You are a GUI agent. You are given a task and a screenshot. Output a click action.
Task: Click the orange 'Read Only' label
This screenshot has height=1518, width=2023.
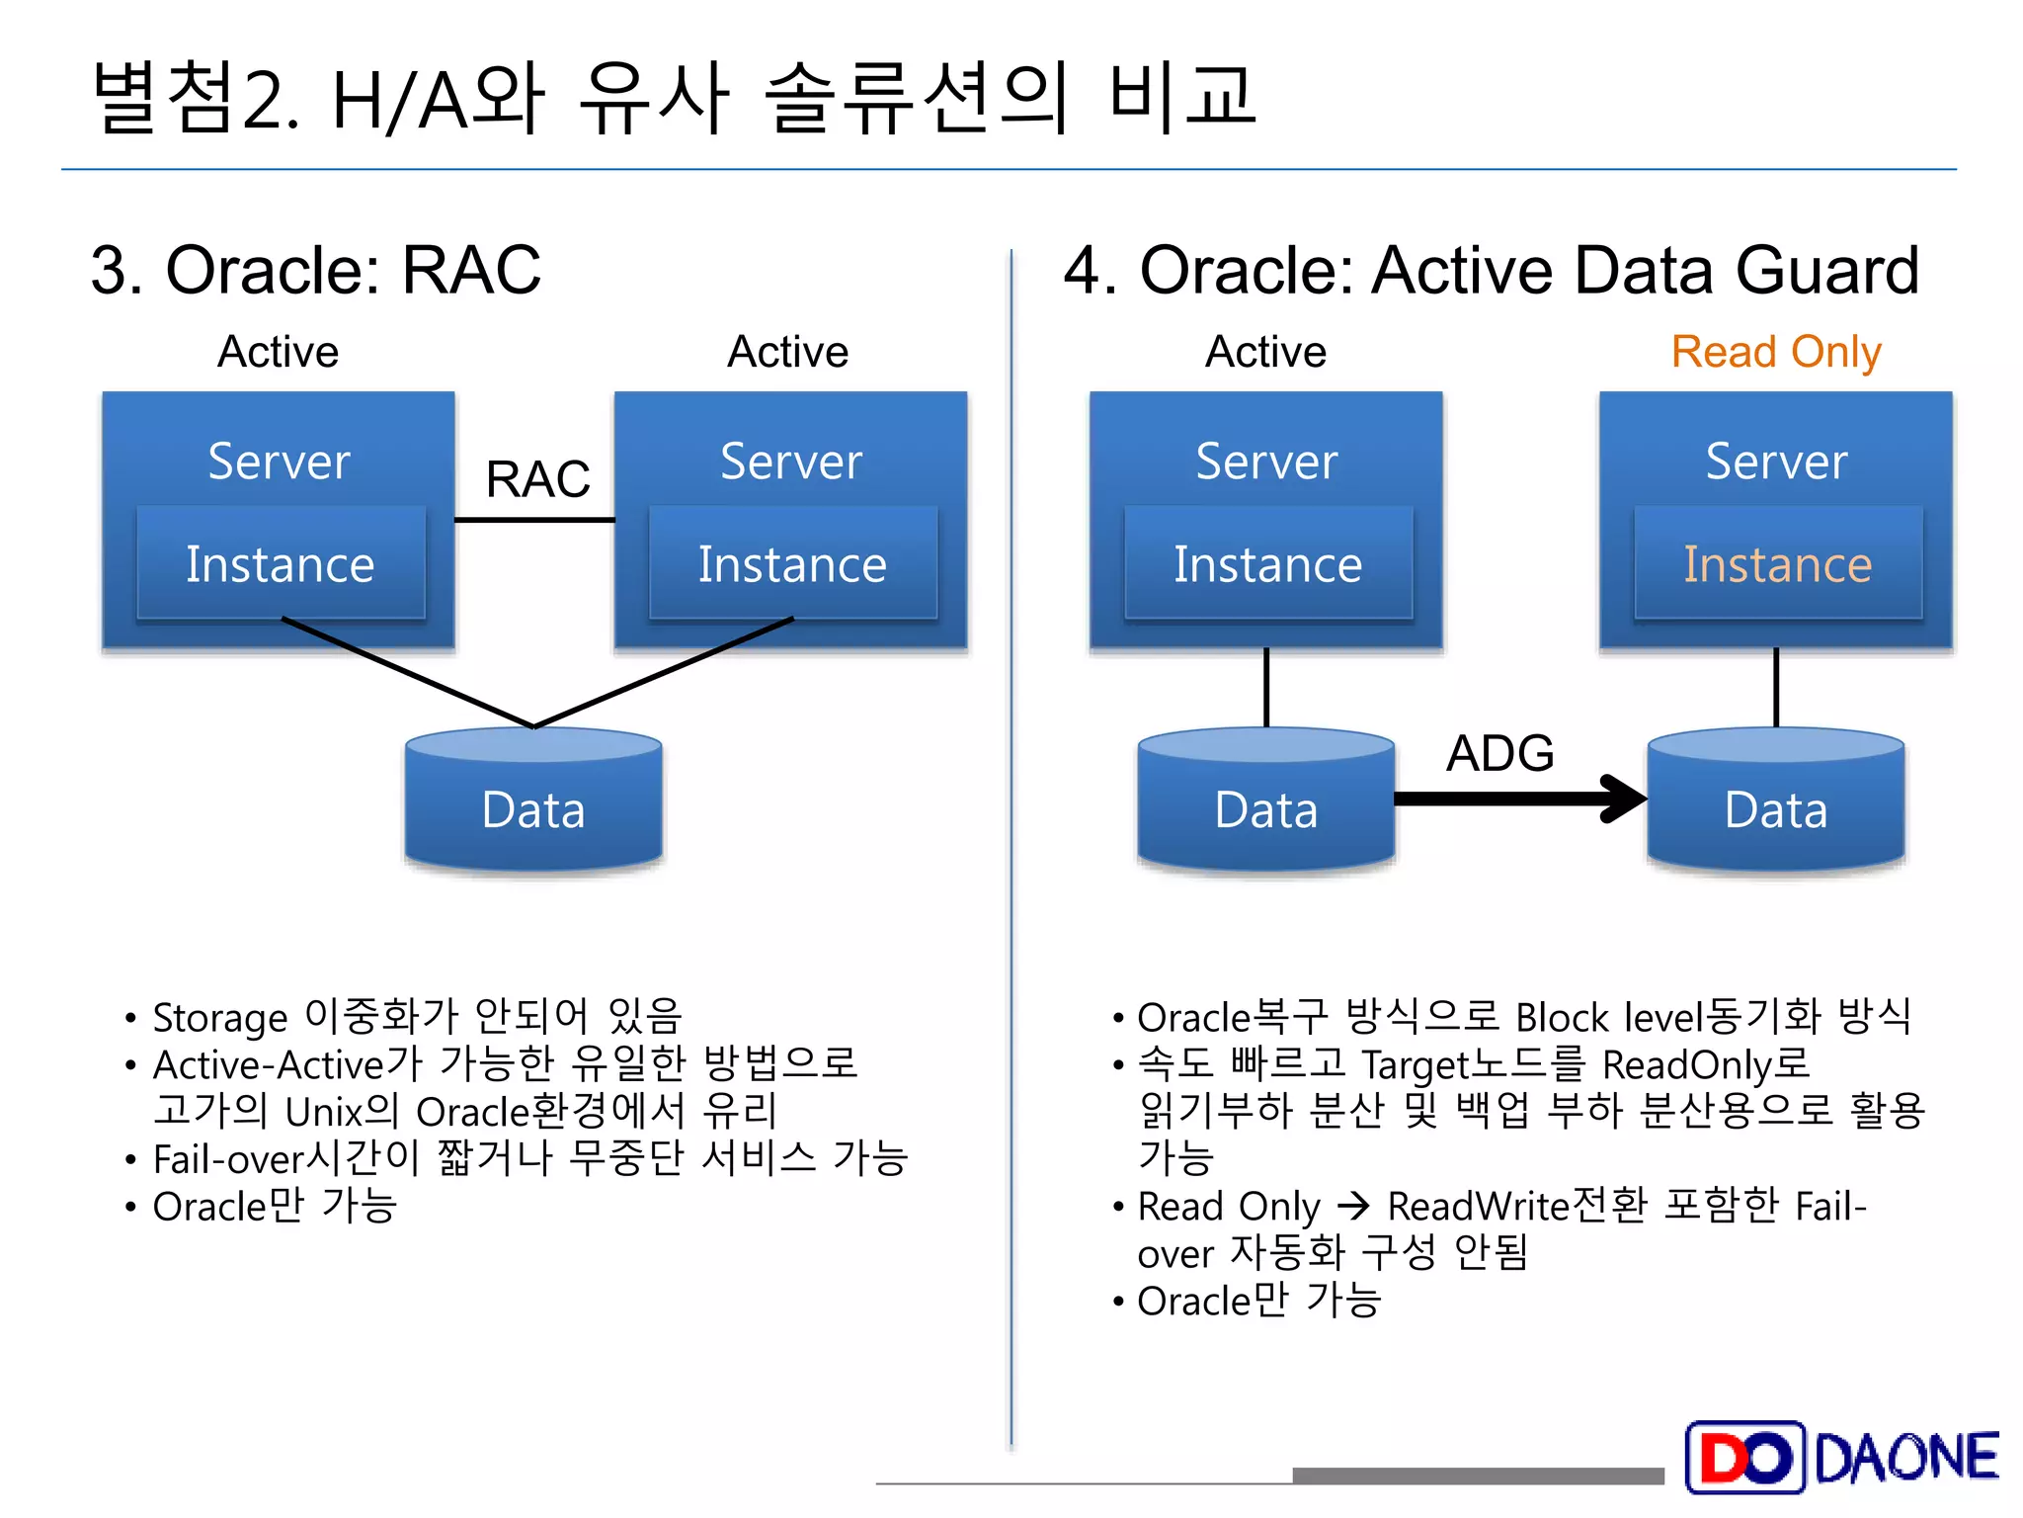[1775, 352]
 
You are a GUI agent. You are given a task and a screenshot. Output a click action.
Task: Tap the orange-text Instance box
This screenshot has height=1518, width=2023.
[1777, 564]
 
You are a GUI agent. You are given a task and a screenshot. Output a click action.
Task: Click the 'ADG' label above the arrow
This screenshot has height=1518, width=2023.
[1499, 753]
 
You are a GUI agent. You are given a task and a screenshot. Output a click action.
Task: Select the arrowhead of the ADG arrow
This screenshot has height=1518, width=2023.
[1625, 798]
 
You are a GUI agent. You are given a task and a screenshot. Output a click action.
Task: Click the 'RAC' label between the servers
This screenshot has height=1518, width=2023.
[537, 479]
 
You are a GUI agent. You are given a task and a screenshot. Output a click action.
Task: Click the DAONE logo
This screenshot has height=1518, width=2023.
[1842, 1457]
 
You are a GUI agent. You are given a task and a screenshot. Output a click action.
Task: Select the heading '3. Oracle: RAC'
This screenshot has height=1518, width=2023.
[316, 270]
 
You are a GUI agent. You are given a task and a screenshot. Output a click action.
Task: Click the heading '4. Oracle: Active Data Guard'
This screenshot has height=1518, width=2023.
[1491, 270]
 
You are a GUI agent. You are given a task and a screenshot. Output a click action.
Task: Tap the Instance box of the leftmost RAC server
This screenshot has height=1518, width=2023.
[281, 564]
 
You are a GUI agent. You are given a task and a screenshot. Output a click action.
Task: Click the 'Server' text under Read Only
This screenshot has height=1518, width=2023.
[1776, 462]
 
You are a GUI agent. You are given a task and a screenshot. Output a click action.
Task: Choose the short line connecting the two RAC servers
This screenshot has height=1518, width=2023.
[534, 520]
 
